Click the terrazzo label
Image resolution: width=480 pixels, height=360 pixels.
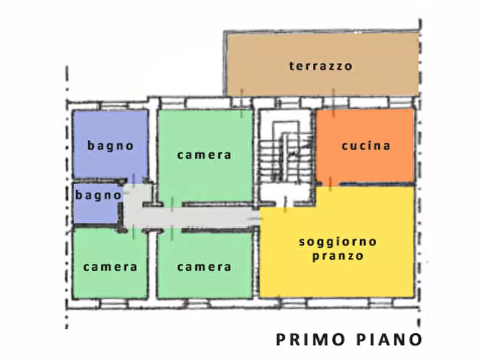click(x=320, y=66)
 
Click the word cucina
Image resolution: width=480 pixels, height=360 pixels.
click(x=366, y=146)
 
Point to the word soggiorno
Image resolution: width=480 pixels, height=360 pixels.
click(x=338, y=242)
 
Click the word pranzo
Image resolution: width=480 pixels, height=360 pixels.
click(x=338, y=256)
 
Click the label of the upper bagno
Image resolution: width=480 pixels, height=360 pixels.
click(x=111, y=146)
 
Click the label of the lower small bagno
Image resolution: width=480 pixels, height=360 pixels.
click(x=98, y=195)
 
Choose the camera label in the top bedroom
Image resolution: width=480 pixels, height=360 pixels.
click(x=204, y=155)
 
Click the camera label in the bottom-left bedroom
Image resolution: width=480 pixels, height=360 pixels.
click(x=110, y=267)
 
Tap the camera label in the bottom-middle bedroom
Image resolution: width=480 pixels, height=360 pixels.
click(x=204, y=267)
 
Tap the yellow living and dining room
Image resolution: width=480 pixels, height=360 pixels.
click(x=338, y=274)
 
